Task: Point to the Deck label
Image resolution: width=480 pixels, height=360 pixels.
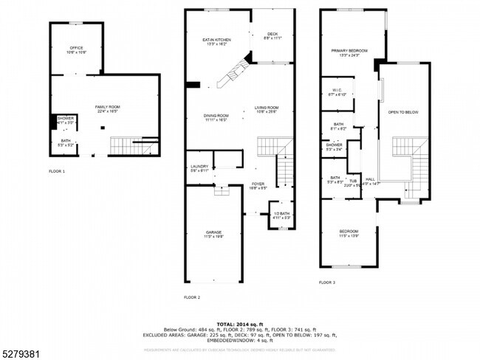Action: (272, 35)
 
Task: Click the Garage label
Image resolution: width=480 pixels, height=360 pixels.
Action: (213, 235)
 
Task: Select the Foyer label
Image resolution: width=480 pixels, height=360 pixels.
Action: (258, 185)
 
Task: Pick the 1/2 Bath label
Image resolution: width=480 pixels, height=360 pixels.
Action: (281, 215)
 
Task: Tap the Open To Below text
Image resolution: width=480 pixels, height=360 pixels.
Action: (403, 112)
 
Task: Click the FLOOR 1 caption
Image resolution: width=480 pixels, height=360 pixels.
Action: (57, 171)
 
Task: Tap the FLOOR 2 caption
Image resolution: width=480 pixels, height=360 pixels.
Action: (192, 297)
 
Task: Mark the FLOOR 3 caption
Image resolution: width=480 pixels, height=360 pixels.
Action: (326, 283)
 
